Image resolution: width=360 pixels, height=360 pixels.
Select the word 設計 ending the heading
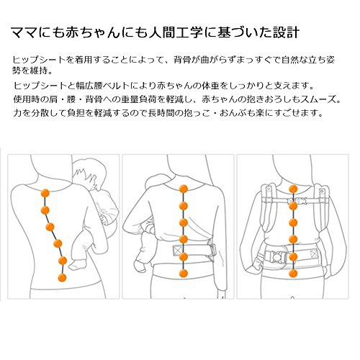pyautogui.click(x=286, y=32)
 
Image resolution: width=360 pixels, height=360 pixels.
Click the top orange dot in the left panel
pyautogui.click(x=45, y=193)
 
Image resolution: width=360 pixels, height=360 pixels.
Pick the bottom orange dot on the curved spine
pyautogui.click(x=62, y=277)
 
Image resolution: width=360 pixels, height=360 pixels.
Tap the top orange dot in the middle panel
pyautogui.click(x=184, y=189)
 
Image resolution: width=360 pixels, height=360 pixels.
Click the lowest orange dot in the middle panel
pyautogui.click(x=184, y=274)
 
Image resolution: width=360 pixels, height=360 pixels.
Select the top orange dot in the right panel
pyautogui.click(x=293, y=189)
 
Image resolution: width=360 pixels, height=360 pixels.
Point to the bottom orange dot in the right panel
pyautogui.click(x=293, y=274)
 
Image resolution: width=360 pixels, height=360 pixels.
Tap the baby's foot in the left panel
pyautogui.click(x=77, y=265)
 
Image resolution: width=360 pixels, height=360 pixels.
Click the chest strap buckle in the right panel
pyautogui.click(x=301, y=200)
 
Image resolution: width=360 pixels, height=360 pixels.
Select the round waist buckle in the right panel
pyautogui.click(x=276, y=257)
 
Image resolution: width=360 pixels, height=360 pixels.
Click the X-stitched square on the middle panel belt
pyautogui.click(x=178, y=251)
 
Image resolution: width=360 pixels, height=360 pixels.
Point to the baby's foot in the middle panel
pyautogui.click(x=140, y=265)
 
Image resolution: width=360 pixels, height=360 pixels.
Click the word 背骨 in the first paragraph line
pyautogui.click(x=182, y=60)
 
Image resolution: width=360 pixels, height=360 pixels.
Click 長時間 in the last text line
pyautogui.click(x=161, y=113)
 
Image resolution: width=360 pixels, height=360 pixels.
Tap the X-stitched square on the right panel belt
pyautogui.click(x=314, y=253)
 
